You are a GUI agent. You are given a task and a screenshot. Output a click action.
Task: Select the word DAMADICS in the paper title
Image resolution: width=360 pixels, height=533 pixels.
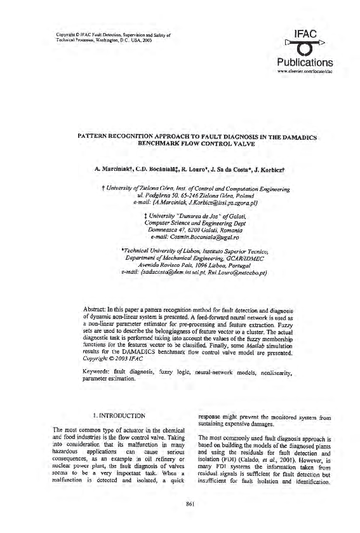[298, 137]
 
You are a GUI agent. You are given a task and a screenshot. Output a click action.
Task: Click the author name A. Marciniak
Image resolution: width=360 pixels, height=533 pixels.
[112, 170]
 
